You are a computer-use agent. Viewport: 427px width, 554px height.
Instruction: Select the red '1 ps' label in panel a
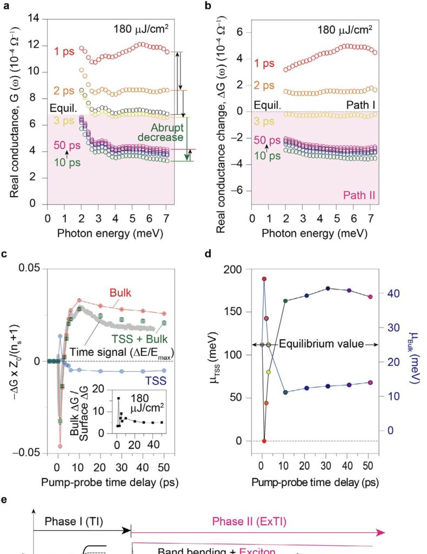click(x=65, y=52)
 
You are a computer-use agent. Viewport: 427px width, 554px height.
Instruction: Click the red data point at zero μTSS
click(x=264, y=441)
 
